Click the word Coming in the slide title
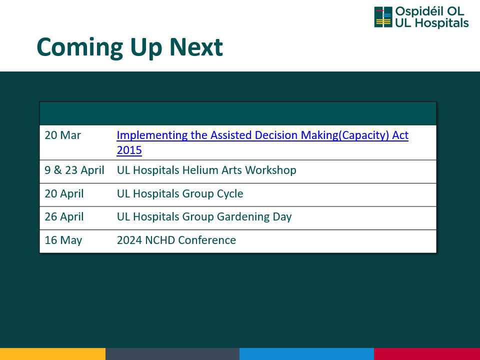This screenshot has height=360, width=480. (x=79, y=48)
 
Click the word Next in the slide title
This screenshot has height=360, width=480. (x=196, y=47)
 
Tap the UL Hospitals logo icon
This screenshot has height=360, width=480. (x=383, y=17)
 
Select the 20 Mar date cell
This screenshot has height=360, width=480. (x=63, y=135)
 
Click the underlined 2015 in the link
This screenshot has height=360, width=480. (x=129, y=150)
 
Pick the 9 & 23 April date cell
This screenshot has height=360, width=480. (x=74, y=170)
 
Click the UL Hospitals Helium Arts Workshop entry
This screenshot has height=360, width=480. (x=206, y=170)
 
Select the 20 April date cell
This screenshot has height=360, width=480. (x=64, y=193)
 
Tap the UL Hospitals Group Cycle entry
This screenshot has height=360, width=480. (x=180, y=193)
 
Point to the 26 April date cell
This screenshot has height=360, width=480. (x=64, y=216)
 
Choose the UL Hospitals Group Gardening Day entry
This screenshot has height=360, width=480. (x=204, y=216)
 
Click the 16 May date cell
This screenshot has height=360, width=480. (x=63, y=240)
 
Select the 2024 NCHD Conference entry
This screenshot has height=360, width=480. (x=176, y=240)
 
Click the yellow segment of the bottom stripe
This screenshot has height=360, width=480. (x=52, y=354)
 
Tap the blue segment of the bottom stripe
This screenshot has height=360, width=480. (x=306, y=354)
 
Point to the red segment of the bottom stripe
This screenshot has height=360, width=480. (x=427, y=354)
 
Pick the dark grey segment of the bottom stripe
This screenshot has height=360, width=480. (x=172, y=354)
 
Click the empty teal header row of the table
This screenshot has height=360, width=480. (x=238, y=113)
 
